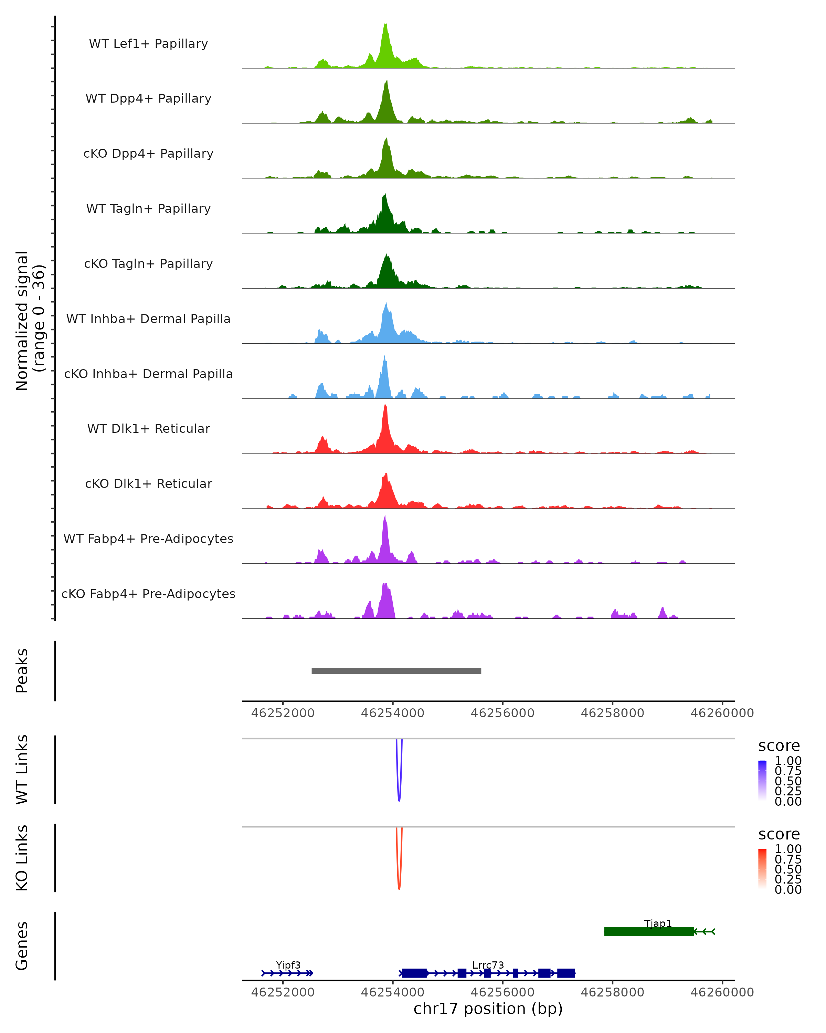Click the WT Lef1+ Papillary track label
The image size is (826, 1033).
click(x=148, y=44)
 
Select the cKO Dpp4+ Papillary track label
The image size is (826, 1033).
click(x=148, y=153)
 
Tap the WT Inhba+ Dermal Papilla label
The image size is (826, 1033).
click(x=148, y=319)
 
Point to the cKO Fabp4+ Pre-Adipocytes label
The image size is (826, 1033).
click(x=148, y=594)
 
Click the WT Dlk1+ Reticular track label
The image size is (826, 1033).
click(x=148, y=428)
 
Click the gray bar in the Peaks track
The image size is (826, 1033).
click(x=396, y=671)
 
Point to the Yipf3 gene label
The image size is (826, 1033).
click(x=288, y=965)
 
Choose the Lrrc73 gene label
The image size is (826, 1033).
click(x=488, y=965)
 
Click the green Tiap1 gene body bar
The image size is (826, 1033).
click(x=649, y=931)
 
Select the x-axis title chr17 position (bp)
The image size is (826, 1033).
click(x=488, y=1009)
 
